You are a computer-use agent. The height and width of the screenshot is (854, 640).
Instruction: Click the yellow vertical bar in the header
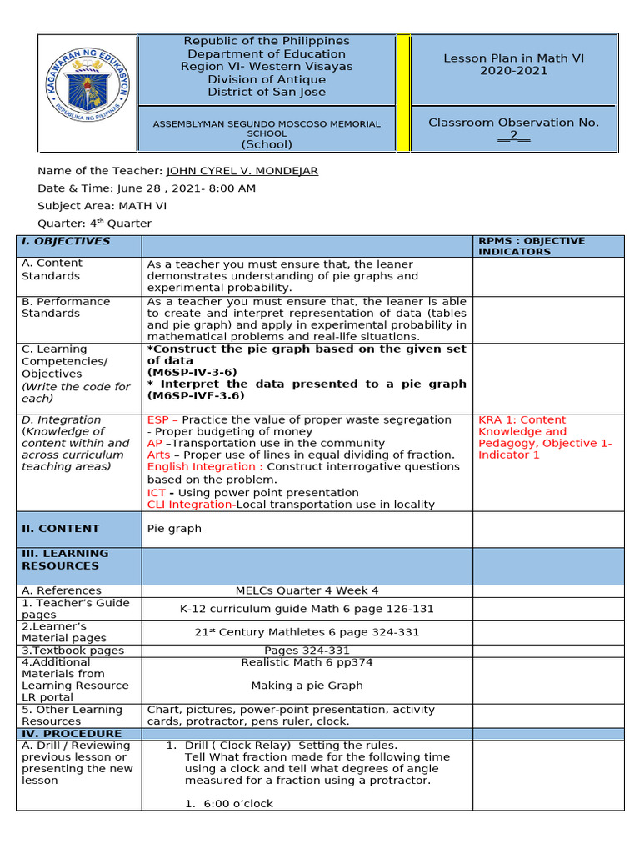tap(403, 93)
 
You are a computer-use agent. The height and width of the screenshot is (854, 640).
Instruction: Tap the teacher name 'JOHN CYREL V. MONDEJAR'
tap(242, 171)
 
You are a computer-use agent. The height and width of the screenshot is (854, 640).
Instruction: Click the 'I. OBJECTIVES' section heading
tap(66, 241)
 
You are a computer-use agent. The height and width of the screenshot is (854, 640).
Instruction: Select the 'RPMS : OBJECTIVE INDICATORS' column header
tap(532, 246)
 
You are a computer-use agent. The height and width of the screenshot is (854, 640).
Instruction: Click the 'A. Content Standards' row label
tap(51, 270)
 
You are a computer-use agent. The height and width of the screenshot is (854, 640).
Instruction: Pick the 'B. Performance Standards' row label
tap(65, 308)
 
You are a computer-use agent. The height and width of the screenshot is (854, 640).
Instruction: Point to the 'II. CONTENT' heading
tap(60, 529)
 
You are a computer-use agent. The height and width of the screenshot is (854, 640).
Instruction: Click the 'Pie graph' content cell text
tap(174, 529)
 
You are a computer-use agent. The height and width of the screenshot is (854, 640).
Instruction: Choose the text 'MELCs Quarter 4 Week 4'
tap(307, 590)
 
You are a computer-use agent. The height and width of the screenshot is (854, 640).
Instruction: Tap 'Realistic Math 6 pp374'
tap(307, 662)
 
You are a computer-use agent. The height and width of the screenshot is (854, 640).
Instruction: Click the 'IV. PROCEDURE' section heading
tap(72, 734)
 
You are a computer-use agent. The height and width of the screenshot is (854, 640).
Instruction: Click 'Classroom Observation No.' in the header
tap(513, 123)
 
